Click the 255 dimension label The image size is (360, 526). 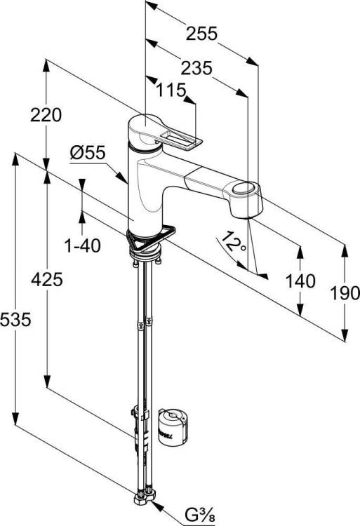pos(201,34)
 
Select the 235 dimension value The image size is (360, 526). pos(196,68)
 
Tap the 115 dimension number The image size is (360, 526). pos(171,90)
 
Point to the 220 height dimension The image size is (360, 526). pos(46,115)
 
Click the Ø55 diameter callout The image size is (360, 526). pos(88,153)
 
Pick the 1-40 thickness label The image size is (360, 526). pos(83,246)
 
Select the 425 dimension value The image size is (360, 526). pos(47,279)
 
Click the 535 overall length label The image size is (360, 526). pos(15,319)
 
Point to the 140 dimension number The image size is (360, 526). pos(300,281)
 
